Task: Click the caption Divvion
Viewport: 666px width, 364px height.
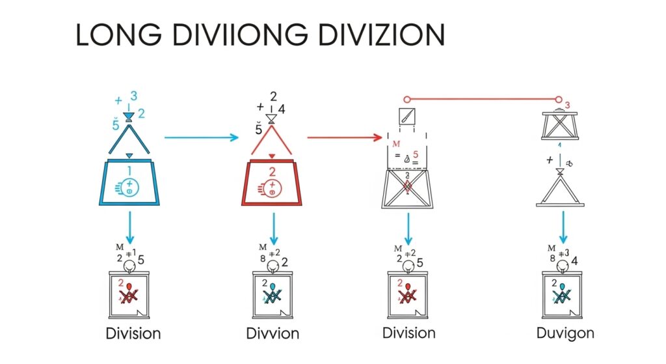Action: click(x=273, y=333)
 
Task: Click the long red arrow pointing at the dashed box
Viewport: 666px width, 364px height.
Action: click(x=344, y=137)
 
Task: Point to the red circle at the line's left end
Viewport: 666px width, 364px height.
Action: click(x=407, y=99)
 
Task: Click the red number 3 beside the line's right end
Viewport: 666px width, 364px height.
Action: click(x=567, y=105)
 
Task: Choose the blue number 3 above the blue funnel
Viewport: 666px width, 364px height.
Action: click(x=133, y=96)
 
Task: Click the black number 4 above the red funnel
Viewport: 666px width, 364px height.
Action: click(x=280, y=109)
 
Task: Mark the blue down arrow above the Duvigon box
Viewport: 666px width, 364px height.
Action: click(x=564, y=227)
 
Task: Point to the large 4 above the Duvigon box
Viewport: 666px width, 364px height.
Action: click(x=576, y=261)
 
